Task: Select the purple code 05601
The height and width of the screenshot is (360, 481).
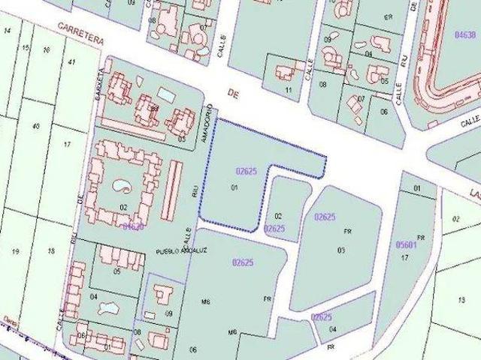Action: click(406, 244)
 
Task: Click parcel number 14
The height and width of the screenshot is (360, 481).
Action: click(8, 30)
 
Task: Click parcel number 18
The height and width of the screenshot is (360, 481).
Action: click(51, 250)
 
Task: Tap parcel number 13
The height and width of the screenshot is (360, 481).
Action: click(460, 299)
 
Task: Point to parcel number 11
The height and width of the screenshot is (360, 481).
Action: click(288, 90)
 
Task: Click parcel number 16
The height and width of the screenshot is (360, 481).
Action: click(47, 51)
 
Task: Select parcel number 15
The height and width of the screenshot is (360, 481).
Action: click(26, 48)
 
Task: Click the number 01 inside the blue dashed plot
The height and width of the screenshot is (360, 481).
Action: click(234, 187)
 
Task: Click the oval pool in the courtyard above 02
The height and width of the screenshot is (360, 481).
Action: click(120, 184)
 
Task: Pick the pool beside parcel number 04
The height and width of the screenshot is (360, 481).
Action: click(110, 306)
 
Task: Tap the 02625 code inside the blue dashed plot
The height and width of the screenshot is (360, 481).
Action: click(246, 171)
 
